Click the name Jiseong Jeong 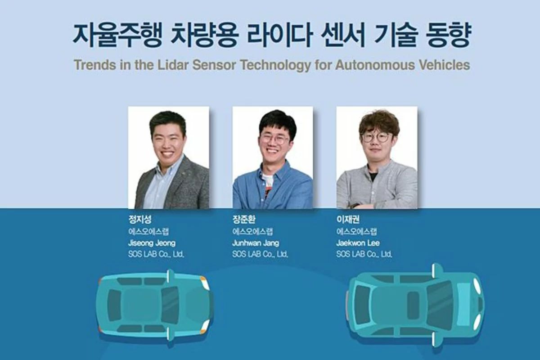pos(152,243)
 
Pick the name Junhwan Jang pos(256,243)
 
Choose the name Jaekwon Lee pos(358,243)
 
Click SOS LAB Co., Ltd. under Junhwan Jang pos(260,254)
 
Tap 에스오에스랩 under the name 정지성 pos(148,231)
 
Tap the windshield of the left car pos(170,305)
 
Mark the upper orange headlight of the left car pos(204,283)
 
